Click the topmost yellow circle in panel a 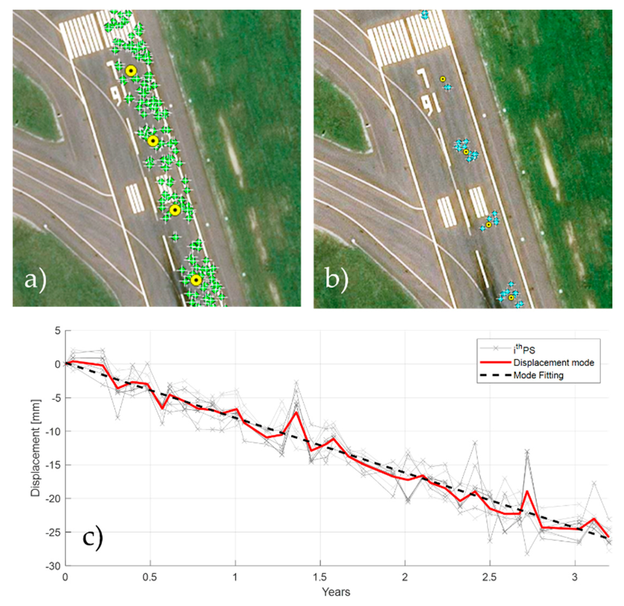click(131, 71)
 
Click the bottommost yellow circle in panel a click(196, 280)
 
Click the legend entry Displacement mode click(553, 363)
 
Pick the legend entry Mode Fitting click(538, 375)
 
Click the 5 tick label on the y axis click(58, 331)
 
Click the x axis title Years click(336, 592)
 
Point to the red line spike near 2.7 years click(527, 491)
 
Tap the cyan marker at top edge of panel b click(424, 15)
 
